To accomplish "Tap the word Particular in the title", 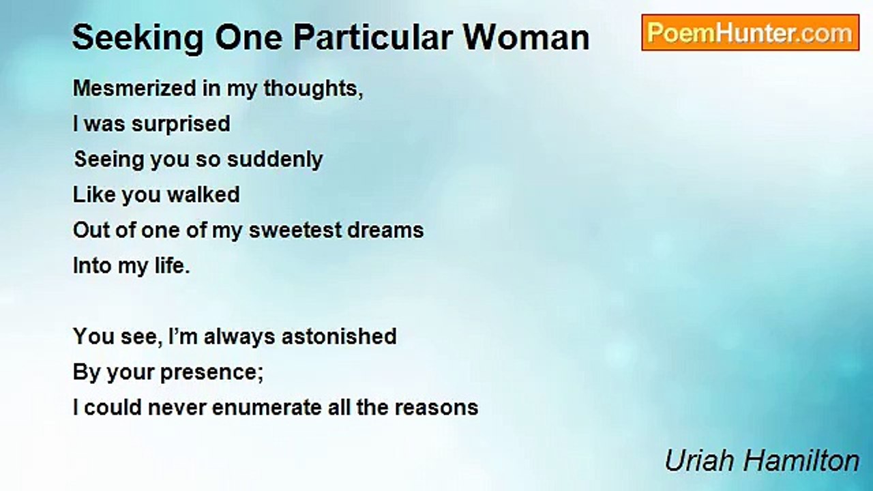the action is pyautogui.click(x=373, y=38).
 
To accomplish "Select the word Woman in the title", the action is pyautogui.click(x=526, y=38).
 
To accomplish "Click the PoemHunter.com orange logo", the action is pyautogui.click(x=750, y=33).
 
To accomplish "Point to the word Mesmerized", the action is pyautogui.click(x=134, y=89).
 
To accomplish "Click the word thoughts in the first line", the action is pyautogui.click(x=313, y=89).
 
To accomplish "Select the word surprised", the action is pyautogui.click(x=181, y=125).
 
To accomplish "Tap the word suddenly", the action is pyautogui.click(x=275, y=160).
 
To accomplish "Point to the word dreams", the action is pyautogui.click(x=385, y=230).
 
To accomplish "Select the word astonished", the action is pyautogui.click(x=339, y=336).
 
